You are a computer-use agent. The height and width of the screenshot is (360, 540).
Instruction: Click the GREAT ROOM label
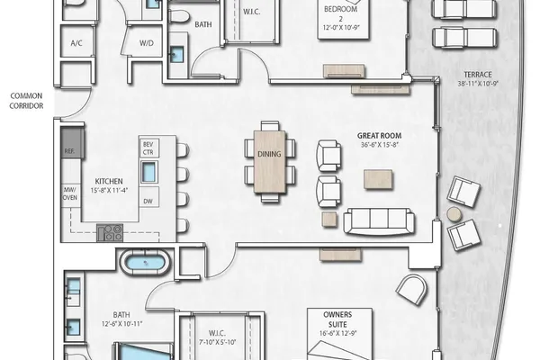[379, 136]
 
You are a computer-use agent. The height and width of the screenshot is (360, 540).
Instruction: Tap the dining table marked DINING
[270, 161]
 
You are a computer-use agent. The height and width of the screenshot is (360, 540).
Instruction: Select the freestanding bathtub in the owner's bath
[145, 263]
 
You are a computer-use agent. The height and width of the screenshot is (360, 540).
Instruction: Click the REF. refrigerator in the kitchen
[72, 142]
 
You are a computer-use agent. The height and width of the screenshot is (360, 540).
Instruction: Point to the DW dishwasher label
[148, 202]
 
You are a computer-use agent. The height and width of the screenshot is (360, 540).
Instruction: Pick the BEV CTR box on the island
[148, 148]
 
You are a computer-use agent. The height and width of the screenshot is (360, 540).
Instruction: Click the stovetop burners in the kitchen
[110, 232]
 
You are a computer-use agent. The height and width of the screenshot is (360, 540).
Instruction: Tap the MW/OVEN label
[70, 193]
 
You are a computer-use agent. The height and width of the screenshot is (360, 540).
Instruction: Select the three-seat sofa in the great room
[379, 221]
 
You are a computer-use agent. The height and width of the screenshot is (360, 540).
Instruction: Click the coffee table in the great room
[378, 179]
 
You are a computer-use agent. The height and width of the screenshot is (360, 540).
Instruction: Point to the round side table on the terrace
[454, 214]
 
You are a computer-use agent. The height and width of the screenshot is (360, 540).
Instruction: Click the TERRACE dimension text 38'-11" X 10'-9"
[478, 84]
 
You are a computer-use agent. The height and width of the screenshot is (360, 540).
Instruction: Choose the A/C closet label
[76, 43]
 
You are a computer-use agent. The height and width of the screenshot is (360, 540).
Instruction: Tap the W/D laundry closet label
[147, 43]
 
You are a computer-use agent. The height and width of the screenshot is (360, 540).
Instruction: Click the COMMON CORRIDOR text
[26, 101]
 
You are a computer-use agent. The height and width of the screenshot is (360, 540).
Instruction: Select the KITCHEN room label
[109, 181]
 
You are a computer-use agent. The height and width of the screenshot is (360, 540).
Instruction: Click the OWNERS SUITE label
[337, 319]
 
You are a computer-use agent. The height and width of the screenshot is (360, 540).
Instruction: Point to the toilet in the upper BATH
[178, 16]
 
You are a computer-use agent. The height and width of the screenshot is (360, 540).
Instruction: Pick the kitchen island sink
[148, 172]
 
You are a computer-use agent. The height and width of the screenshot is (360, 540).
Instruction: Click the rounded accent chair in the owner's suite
[412, 290]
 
